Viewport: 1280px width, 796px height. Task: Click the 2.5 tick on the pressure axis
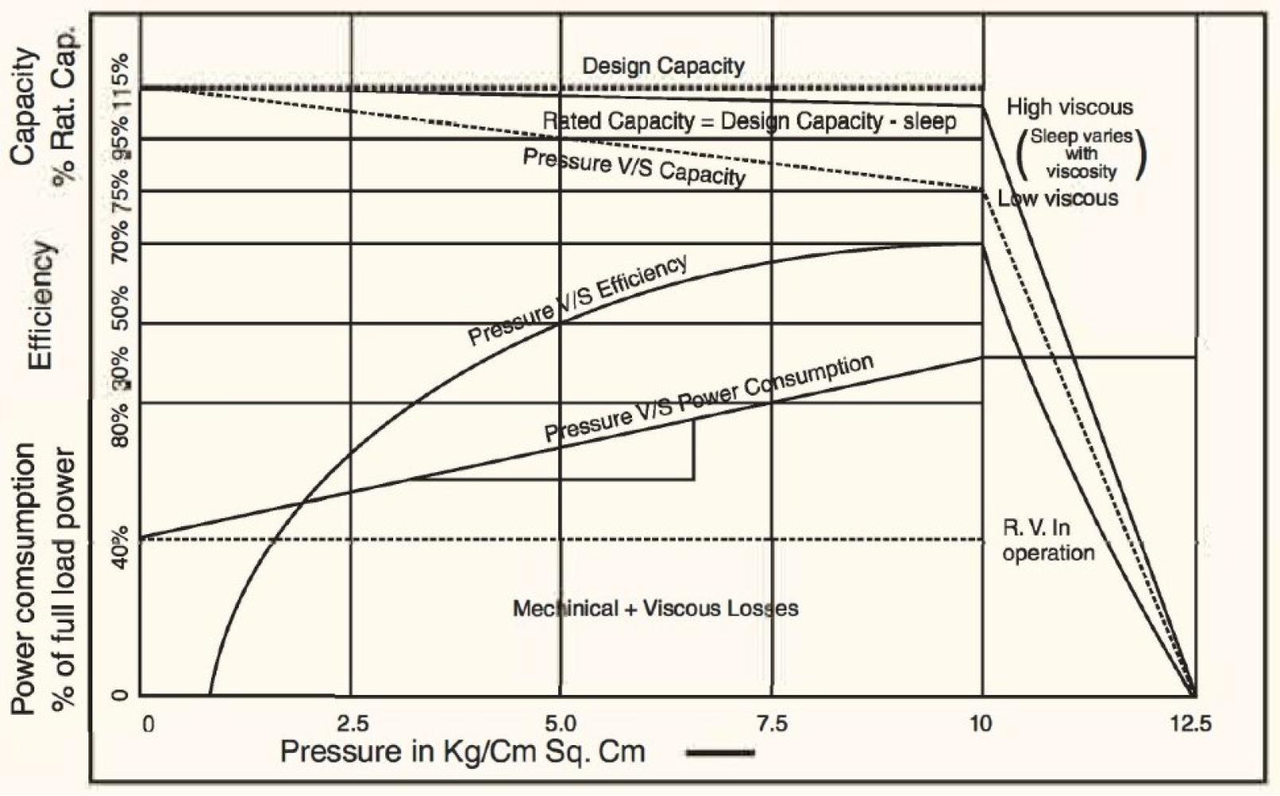tap(353, 724)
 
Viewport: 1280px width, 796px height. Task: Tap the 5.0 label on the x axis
tap(560, 724)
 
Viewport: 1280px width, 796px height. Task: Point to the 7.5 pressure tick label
tap(771, 724)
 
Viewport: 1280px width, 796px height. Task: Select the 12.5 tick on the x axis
tap(1192, 724)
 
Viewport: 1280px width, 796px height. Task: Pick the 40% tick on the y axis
tap(120, 543)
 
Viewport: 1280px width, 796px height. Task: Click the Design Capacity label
tap(663, 65)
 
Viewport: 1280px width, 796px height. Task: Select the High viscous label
tap(1069, 107)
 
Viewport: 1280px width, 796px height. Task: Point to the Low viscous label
tap(1058, 198)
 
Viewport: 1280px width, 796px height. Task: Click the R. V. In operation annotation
tap(1048, 540)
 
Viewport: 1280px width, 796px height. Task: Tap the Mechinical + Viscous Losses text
tap(655, 609)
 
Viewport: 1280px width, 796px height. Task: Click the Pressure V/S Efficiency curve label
tap(577, 300)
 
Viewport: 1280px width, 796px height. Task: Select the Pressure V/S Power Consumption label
tap(708, 398)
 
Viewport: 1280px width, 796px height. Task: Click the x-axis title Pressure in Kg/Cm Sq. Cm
tap(462, 751)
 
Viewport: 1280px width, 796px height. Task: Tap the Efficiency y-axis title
tap(41, 306)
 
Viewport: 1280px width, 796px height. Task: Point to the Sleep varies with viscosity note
tap(1081, 154)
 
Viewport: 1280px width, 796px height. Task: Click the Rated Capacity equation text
tap(749, 122)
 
